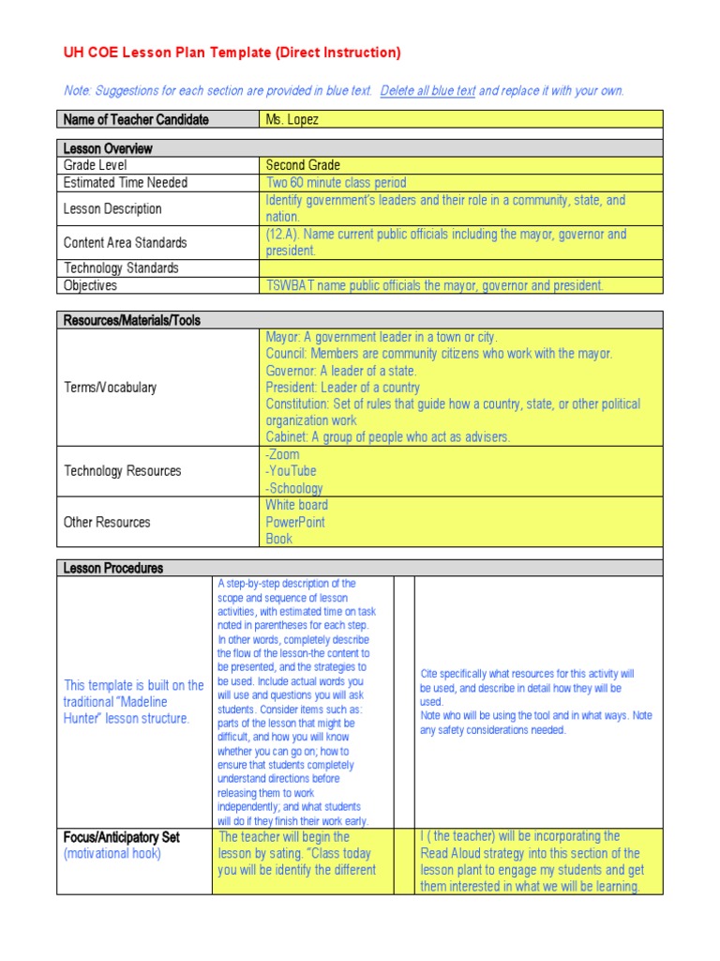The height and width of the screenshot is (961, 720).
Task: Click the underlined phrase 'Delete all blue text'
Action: point(428,91)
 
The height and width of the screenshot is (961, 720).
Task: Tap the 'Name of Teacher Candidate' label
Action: point(135,119)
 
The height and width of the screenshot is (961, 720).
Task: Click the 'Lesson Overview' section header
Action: point(107,148)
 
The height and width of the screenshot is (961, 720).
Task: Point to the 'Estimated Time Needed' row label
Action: point(125,182)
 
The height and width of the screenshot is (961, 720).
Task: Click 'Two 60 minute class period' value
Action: point(336,182)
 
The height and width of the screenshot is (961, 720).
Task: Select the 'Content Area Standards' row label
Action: point(125,242)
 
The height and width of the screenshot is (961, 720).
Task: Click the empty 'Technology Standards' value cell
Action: point(460,268)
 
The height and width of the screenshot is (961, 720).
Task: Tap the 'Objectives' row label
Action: point(90,285)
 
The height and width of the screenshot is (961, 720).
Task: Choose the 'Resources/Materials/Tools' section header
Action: point(131,320)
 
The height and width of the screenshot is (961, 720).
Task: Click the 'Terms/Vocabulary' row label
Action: point(110,388)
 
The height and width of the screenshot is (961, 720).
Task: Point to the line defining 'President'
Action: point(342,388)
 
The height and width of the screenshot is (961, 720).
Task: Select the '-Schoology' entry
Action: point(293,488)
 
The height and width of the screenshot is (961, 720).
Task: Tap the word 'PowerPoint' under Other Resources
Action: point(295,522)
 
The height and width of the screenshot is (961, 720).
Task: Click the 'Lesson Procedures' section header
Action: point(112,568)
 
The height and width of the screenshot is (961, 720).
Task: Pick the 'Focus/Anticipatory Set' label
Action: point(121,837)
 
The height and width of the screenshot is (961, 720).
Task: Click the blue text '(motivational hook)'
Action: point(112,854)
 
